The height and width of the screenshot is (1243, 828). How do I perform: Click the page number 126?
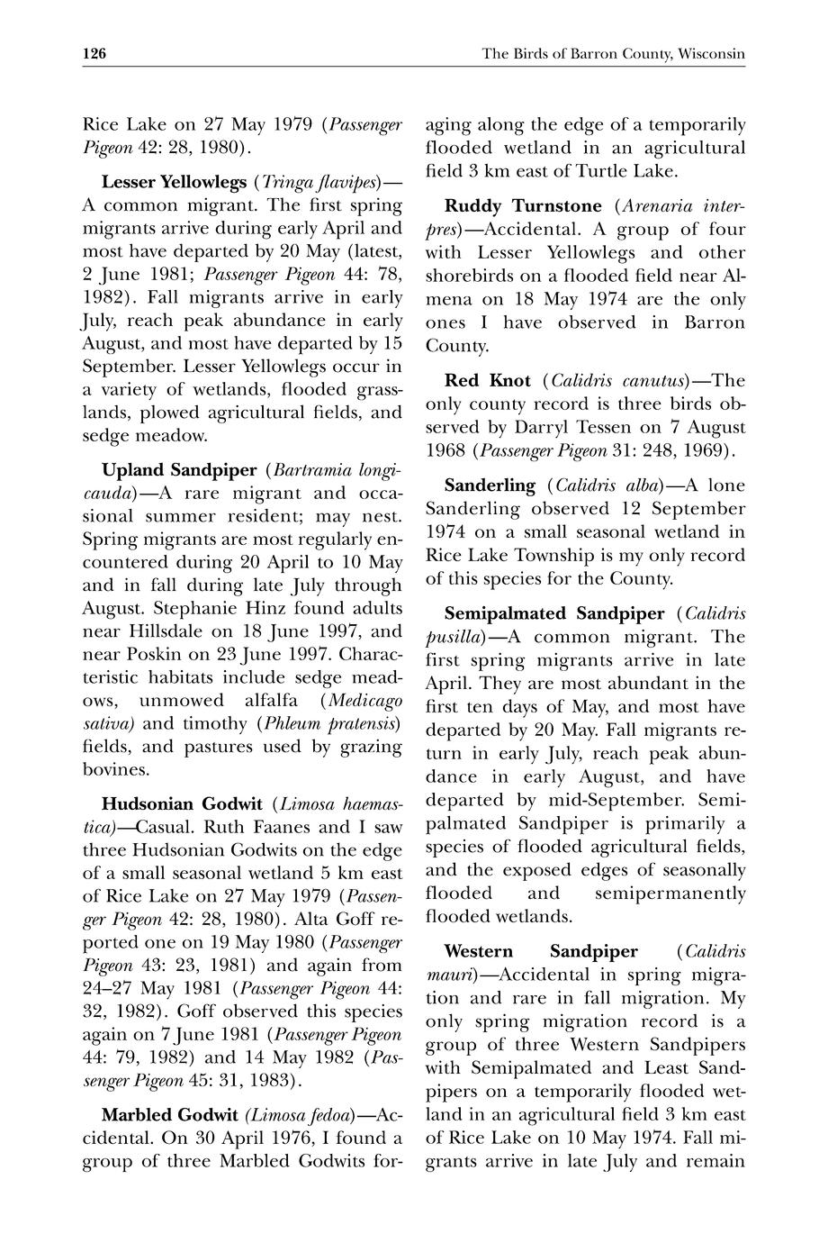coord(94,54)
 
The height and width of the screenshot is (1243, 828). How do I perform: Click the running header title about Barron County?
coord(613,54)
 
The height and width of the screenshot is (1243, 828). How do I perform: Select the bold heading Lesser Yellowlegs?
coord(174,182)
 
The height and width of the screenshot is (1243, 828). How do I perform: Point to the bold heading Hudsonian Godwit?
coord(182,803)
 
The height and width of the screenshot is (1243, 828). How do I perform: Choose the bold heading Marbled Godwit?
coord(169,1114)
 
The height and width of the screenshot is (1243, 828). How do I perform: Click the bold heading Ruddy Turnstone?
coord(523,206)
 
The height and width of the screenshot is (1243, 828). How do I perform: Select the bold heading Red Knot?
coord(487,380)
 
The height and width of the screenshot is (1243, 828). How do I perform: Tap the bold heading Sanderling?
coord(490,485)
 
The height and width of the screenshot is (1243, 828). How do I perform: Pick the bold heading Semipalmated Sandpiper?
coord(554,614)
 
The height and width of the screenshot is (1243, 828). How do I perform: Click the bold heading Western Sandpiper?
coord(541,951)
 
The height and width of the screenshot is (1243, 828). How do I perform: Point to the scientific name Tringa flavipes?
coord(319,182)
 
